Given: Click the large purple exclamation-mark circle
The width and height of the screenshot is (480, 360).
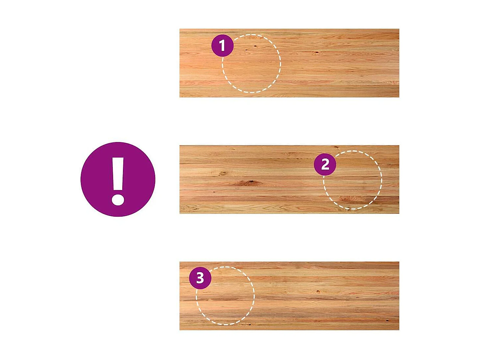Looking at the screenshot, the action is coord(118,179).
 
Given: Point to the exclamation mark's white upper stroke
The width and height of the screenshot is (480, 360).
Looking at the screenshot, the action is coord(118,174).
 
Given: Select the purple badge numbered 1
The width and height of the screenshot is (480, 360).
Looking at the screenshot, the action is coord(222,45).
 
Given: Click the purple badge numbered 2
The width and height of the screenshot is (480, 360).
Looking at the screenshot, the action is coord(325,164).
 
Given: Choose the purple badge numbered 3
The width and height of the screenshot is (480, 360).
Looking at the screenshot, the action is coord(200,278).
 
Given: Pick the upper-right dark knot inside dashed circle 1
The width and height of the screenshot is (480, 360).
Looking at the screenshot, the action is coord(255,46).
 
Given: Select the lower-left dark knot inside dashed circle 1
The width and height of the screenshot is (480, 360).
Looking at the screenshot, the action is coord(246,50).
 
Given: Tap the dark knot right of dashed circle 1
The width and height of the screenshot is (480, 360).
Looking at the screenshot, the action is coord(316,53).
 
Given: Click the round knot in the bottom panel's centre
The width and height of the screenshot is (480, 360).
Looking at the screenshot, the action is coord(318,291).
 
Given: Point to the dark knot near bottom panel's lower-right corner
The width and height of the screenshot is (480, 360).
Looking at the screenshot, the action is coord(387,321).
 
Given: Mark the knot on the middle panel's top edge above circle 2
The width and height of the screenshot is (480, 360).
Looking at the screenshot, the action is coord(337,147).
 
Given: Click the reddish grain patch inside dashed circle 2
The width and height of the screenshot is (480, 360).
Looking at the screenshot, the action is coord(350,199).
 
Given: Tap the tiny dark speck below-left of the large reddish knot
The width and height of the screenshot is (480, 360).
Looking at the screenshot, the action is coord(214,192).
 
